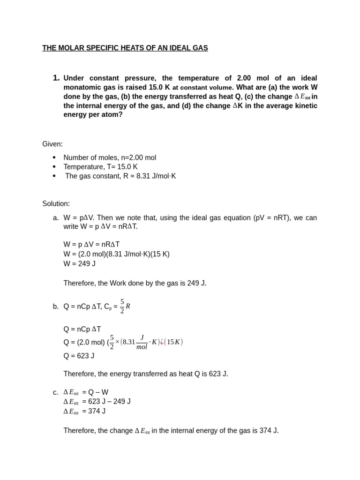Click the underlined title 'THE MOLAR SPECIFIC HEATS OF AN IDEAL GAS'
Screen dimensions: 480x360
[125, 48]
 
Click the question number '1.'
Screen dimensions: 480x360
[56, 78]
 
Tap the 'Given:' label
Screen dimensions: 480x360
[52, 144]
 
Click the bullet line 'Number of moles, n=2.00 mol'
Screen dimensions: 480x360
[110, 157]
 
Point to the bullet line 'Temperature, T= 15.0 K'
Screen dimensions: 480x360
[100, 167]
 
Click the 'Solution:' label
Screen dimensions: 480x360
[56, 203]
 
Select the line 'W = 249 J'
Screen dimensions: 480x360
[79, 263]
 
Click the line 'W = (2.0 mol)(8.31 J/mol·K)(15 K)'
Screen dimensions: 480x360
[116, 254]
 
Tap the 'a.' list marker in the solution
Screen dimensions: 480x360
[56, 217]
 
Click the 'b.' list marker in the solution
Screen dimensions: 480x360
[56, 307]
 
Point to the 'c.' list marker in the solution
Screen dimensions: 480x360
[56, 392]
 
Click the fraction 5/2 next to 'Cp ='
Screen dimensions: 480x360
[122, 306]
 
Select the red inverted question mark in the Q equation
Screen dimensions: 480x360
[162, 342]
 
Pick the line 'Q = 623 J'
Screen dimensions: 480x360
[79, 356]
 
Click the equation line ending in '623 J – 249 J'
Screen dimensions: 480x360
[97, 402]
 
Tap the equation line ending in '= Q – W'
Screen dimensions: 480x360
[86, 392]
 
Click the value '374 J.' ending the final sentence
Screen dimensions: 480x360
[269, 430]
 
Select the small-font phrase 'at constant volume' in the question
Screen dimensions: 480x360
[202, 88]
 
